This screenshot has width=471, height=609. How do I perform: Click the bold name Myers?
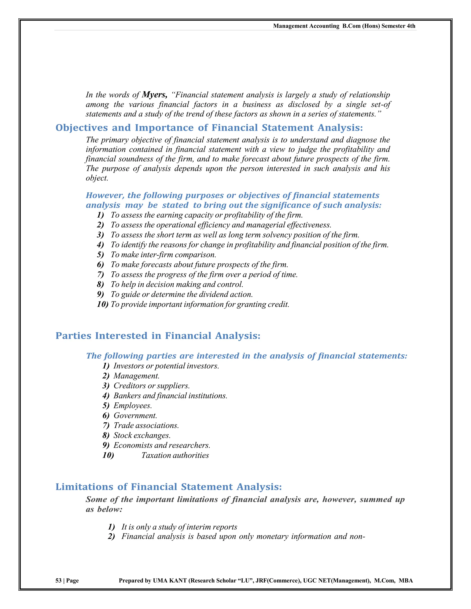coord(154,95)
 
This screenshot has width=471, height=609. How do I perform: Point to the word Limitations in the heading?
coord(84,487)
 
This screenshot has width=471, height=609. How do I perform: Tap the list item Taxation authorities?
coord(175,455)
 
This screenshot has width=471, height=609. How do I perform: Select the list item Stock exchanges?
coord(142,435)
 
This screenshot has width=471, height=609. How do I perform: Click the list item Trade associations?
coord(146,426)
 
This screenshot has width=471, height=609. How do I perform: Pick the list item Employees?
coord(132,405)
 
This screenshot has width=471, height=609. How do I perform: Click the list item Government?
coord(135,415)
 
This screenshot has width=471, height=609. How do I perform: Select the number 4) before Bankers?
coord(106,396)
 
